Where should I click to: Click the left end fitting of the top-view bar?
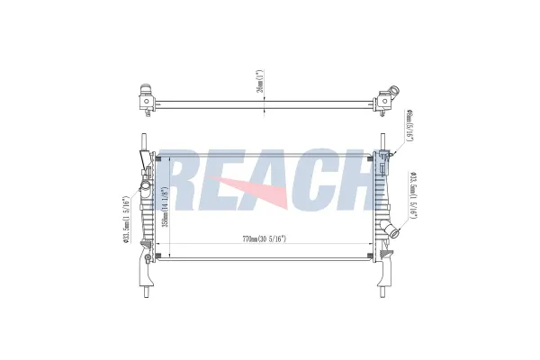point(146,96)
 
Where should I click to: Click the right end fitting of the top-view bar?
point(387,96)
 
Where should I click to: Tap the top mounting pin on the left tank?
point(144,142)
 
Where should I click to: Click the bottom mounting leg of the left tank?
point(144,274)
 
